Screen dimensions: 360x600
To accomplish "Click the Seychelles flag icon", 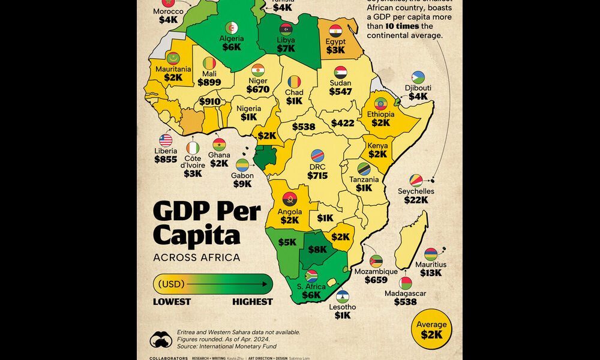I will (414, 181).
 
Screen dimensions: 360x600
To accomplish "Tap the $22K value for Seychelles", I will (415, 200).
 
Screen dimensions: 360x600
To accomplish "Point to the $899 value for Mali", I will (209, 83).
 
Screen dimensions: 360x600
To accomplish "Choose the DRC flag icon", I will (317, 155).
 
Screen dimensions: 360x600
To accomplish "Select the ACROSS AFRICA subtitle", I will (197, 258).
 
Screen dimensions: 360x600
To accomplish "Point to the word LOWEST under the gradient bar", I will (172, 302).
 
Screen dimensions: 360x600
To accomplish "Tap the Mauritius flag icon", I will (431, 254).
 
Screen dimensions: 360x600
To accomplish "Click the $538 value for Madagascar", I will (406, 302).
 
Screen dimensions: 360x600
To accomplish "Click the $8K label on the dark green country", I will (318, 249).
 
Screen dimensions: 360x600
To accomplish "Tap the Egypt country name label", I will (335, 42).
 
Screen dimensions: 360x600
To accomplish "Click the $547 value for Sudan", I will (341, 92).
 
